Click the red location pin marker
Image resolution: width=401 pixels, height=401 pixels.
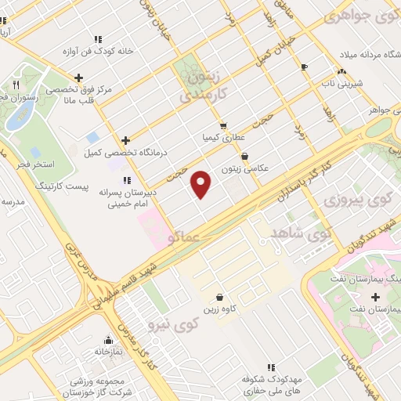[202, 184]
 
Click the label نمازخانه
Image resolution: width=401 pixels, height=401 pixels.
[110, 352]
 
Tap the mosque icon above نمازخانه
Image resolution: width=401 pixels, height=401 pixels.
[110, 341]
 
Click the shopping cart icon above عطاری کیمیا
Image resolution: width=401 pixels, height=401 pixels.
[223, 125]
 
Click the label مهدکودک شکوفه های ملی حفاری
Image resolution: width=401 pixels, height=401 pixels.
[271, 383]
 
